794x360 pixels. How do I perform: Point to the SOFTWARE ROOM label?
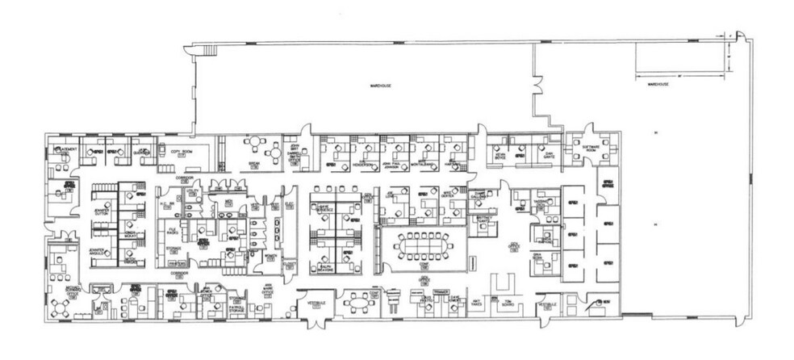592,148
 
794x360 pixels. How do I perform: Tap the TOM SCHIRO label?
507,304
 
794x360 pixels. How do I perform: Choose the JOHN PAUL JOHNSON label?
391,165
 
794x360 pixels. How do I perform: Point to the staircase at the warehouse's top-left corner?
210,52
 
